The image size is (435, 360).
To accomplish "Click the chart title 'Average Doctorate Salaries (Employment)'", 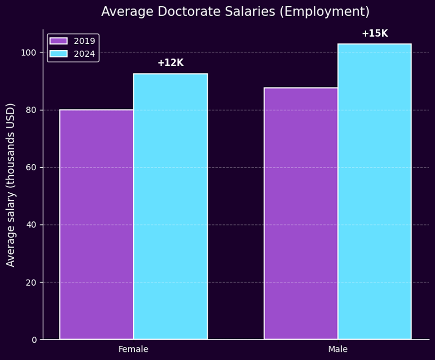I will click(x=235, y=12).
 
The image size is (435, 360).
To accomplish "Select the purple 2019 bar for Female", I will click(x=96, y=224).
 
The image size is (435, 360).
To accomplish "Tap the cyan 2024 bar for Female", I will click(x=170, y=206).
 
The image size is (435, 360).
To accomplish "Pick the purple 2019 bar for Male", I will click(x=301, y=213).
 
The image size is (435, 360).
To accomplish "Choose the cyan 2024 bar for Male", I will click(x=374, y=191).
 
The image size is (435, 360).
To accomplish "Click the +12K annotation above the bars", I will click(x=170, y=63).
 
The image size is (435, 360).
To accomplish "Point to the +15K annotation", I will click(x=375, y=34).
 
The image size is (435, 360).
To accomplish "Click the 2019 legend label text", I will click(x=84, y=41).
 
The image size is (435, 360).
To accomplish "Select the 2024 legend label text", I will click(x=84, y=54).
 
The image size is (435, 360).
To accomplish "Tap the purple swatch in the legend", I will click(x=59, y=41).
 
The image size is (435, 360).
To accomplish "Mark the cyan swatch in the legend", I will click(x=59, y=54).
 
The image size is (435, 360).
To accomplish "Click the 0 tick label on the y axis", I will click(x=34, y=340).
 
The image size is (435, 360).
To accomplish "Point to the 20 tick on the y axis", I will click(x=32, y=283).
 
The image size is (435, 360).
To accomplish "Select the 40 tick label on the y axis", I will click(x=32, y=225).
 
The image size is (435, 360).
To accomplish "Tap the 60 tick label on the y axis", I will click(x=32, y=168).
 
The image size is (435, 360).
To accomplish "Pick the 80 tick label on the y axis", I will click(x=32, y=110).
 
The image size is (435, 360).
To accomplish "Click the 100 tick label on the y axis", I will click(x=30, y=53).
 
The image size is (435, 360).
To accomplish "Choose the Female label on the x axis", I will click(x=133, y=349).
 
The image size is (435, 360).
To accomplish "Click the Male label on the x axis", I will click(x=338, y=349).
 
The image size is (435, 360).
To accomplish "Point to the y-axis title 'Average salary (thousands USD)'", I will click(x=11, y=185).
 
